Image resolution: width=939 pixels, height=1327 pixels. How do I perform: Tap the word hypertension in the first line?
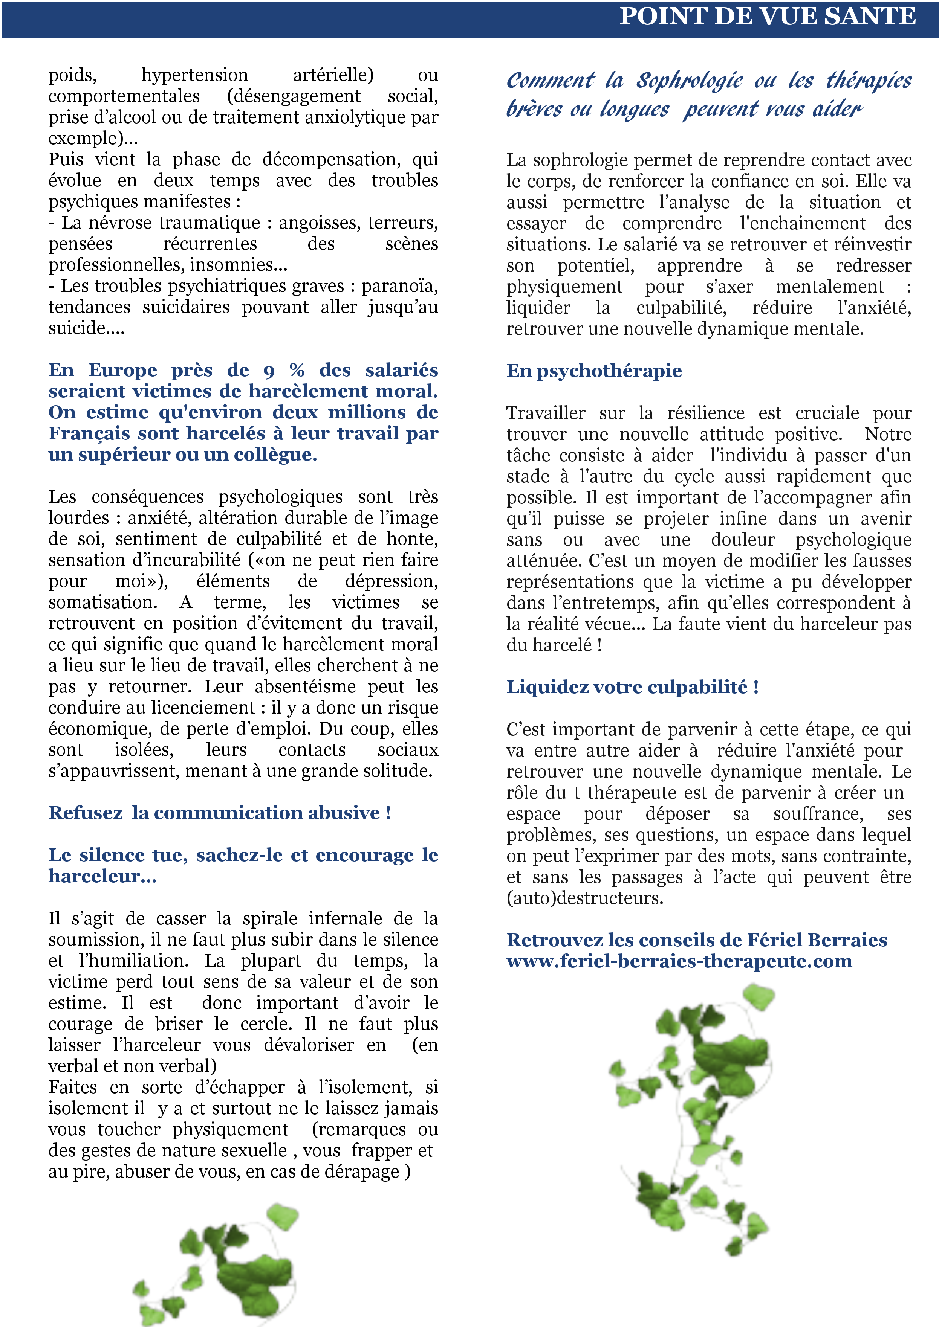pos(195,75)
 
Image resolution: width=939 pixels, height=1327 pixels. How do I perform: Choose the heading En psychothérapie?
pos(594,371)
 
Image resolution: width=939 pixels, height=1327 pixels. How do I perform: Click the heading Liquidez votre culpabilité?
pos(632,687)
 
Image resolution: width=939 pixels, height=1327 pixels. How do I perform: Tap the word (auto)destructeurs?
pos(584,898)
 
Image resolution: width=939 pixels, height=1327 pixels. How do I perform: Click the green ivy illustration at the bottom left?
pos(220,1266)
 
